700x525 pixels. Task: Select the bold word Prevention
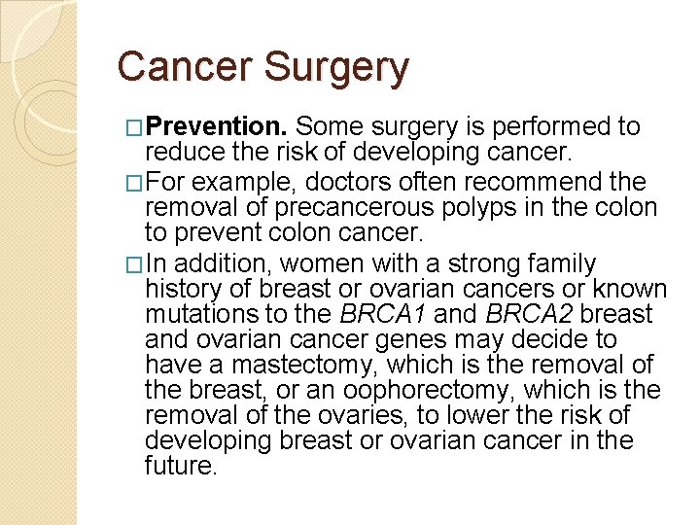219,127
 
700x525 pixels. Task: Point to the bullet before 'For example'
135,183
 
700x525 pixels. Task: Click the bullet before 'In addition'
135,264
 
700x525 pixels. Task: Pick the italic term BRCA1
383,314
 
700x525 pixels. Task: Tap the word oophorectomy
454,390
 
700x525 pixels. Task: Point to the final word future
179,466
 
